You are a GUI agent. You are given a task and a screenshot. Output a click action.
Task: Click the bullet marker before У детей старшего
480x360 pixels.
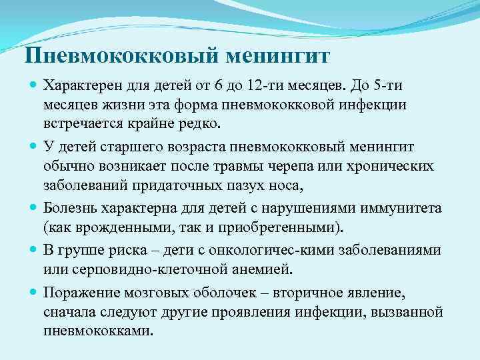click(x=34, y=145)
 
